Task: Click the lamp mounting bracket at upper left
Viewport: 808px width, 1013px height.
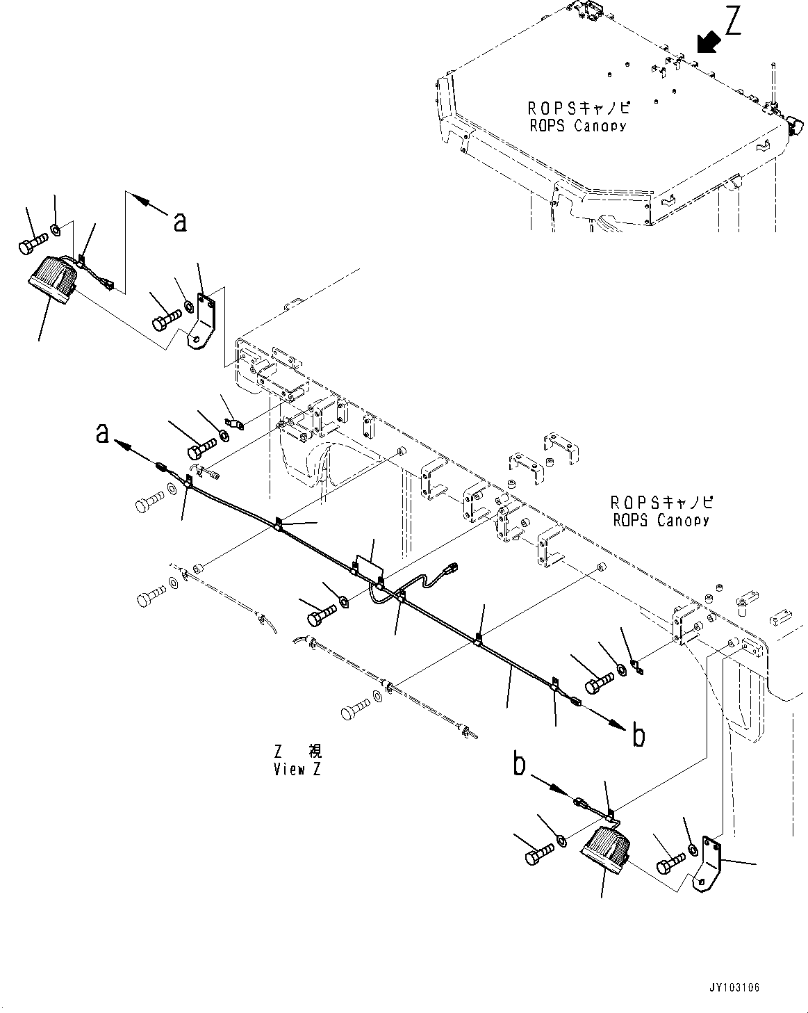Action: (204, 321)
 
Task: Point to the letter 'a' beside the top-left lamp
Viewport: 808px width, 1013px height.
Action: (180, 220)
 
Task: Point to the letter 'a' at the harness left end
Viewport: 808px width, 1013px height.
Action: (103, 434)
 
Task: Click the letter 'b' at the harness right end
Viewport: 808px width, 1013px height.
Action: (638, 734)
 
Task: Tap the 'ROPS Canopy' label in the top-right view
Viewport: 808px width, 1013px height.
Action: (577, 117)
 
